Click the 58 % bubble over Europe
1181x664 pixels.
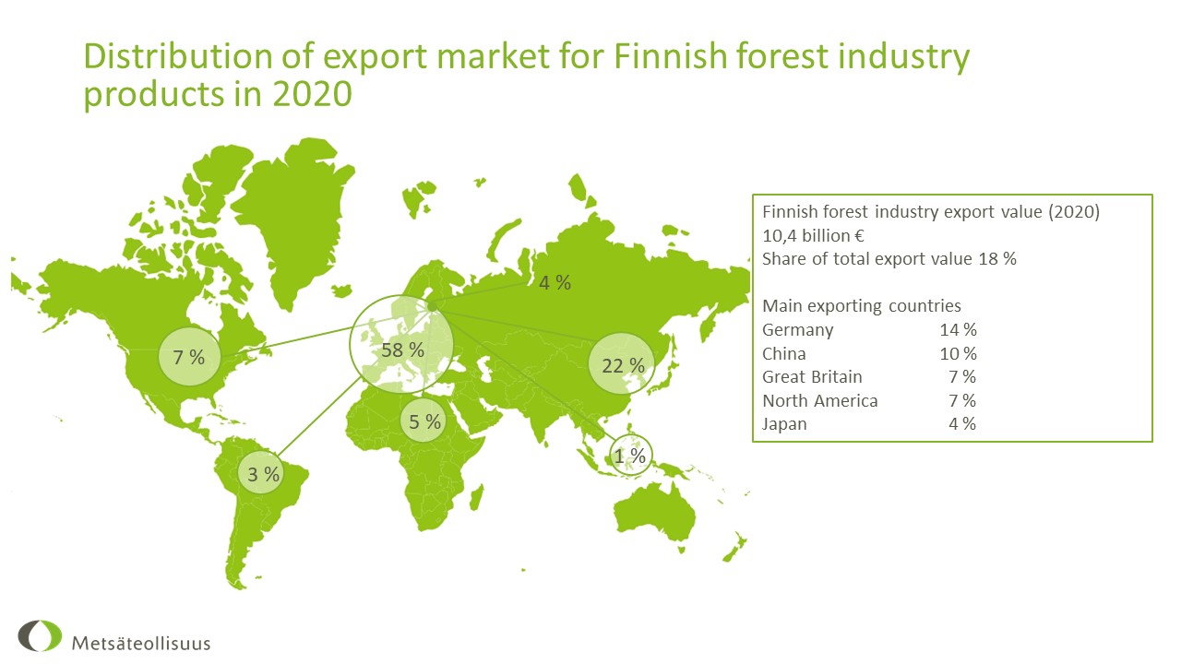click(x=401, y=345)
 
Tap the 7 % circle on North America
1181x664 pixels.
click(x=189, y=357)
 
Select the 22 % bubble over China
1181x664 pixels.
click(x=622, y=363)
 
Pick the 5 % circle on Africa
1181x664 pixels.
click(x=423, y=421)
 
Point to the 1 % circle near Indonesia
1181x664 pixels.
click(x=630, y=455)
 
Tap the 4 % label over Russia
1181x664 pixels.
click(x=555, y=283)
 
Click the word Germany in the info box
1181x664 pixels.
click(x=798, y=330)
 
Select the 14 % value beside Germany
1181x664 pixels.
click(x=958, y=330)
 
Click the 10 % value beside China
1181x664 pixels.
click(x=958, y=353)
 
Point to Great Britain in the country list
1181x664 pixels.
click(x=812, y=377)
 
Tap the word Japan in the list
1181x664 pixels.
click(x=784, y=424)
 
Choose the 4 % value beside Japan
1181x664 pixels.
click(x=962, y=423)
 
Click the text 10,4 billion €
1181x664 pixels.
click(x=813, y=235)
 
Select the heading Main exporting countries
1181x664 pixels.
click(x=862, y=306)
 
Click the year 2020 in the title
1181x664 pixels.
click(x=312, y=94)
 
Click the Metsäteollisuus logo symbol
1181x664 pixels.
click(x=40, y=635)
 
